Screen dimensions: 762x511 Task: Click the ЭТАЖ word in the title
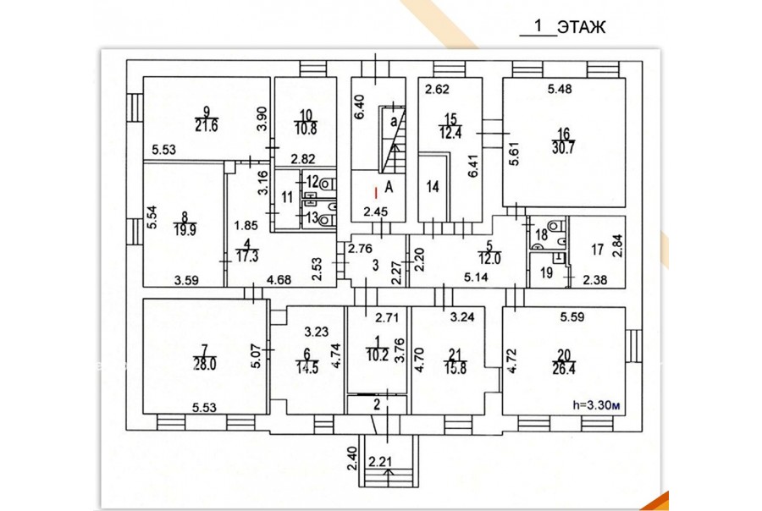tap(581, 27)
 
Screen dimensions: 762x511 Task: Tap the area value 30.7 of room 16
tap(564, 148)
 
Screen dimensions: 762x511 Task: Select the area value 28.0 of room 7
tap(205, 364)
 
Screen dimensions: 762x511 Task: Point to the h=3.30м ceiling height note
tap(596, 404)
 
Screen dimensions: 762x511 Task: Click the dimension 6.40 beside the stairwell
tap(359, 107)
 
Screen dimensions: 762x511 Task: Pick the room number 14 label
tap(433, 186)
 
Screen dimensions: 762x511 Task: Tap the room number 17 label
tap(597, 250)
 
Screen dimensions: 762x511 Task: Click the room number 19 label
tap(547, 272)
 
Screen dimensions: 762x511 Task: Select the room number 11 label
tap(287, 197)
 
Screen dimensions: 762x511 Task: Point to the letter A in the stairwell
tap(389, 186)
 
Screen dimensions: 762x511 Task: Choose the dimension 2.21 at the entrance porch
tap(380, 460)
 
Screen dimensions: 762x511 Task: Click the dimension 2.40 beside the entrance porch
tap(352, 459)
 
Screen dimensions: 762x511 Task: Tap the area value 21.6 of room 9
tap(207, 125)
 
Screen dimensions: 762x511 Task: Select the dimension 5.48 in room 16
tap(560, 89)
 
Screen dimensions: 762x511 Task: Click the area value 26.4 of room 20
tap(564, 369)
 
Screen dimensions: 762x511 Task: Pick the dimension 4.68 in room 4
tap(279, 280)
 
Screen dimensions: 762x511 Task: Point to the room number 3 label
tap(375, 265)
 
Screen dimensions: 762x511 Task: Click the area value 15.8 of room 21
tap(456, 368)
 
